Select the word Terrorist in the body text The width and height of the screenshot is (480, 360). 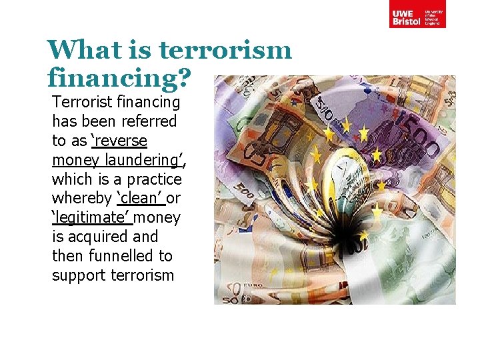(x=82, y=103)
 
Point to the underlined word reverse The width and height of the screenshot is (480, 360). (x=121, y=141)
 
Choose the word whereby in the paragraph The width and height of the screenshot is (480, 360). (x=81, y=199)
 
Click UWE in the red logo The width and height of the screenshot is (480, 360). (x=402, y=13)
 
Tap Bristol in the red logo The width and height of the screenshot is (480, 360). (x=406, y=21)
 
